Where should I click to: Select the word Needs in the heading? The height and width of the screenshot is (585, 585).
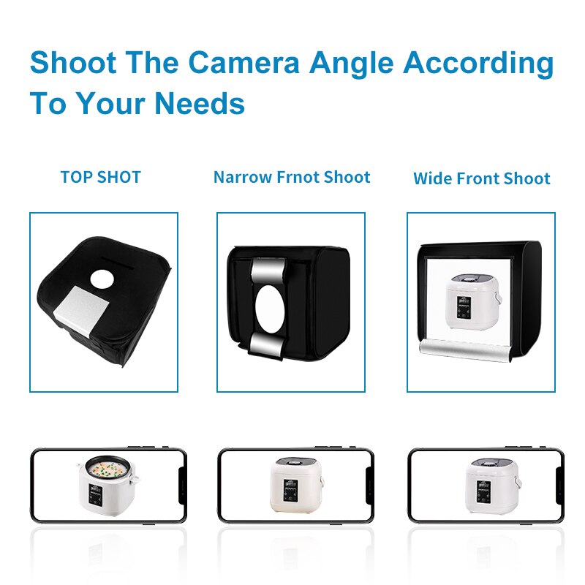[x=200, y=103]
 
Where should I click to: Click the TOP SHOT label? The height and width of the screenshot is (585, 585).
[x=101, y=177]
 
